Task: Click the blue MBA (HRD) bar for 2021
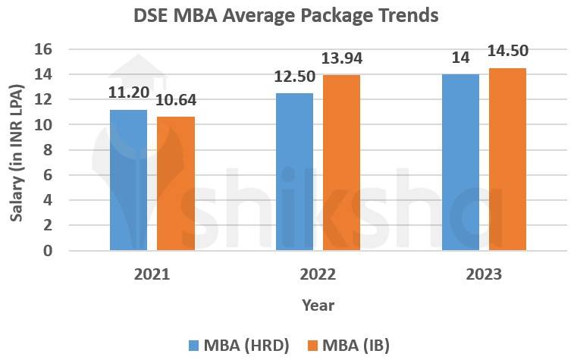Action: click(128, 180)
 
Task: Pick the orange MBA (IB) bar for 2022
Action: click(341, 162)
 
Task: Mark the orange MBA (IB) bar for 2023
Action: click(507, 158)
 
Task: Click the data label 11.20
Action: click(129, 93)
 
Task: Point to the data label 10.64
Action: click(176, 101)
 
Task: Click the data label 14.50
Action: click(508, 52)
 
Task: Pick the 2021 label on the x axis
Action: click(152, 274)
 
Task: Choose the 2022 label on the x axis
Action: click(318, 274)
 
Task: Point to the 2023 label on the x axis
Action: click(484, 274)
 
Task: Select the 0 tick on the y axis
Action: click(48, 250)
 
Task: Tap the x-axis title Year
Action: click(318, 305)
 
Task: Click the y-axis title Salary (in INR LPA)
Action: click(16, 152)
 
